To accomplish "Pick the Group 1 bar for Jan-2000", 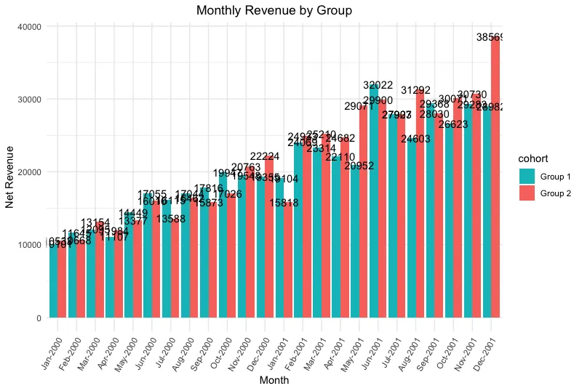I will (54, 284).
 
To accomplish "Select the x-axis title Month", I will (274, 380).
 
